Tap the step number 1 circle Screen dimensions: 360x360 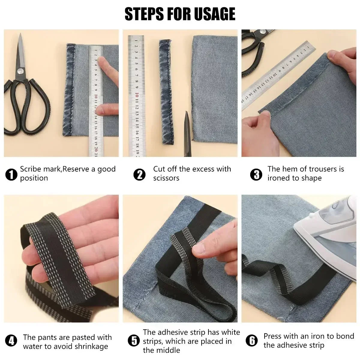tap(11, 175)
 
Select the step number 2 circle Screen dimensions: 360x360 tap(139, 175)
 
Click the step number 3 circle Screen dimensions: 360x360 tap(256, 175)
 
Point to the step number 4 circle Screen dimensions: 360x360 tap(11, 341)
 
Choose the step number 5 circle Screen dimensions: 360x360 tap(134, 341)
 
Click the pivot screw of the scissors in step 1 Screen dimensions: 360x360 tap(20, 71)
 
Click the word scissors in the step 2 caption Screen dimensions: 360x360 tap(166, 178)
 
